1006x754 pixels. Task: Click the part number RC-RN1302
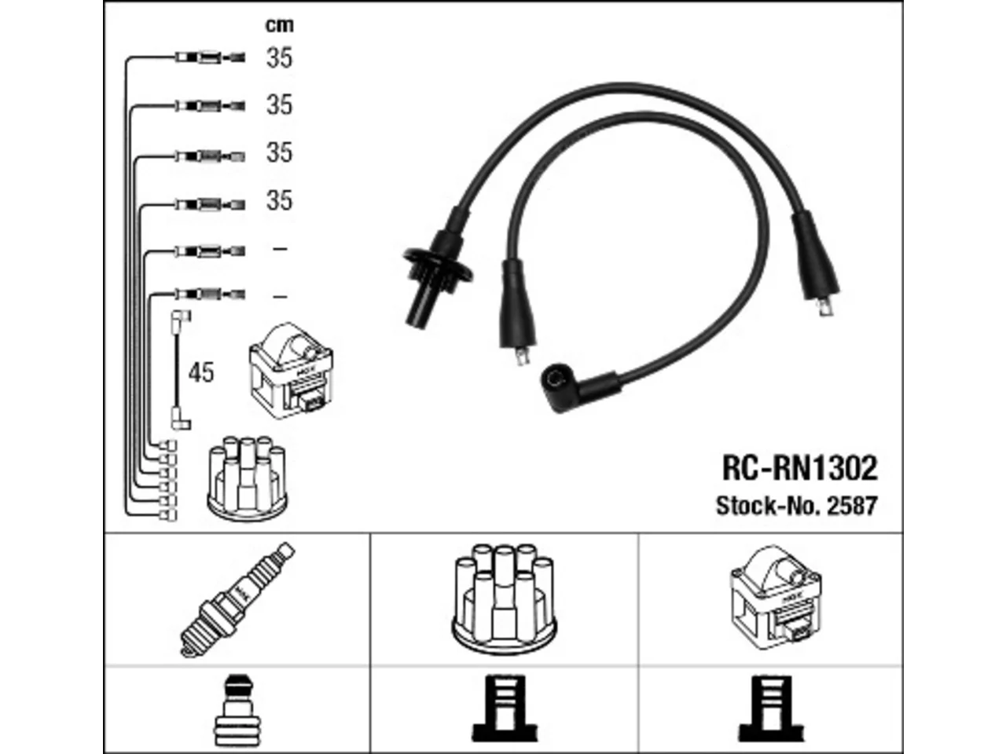(799, 468)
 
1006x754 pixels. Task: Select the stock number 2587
(851, 506)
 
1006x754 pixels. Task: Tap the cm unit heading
(280, 25)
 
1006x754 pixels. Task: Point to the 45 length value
(201, 372)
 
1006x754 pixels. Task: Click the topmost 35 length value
(279, 57)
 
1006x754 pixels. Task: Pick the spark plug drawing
(237, 600)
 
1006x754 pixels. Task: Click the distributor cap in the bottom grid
(504, 599)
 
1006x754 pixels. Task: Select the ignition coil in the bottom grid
(776, 598)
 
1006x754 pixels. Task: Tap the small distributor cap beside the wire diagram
(248, 478)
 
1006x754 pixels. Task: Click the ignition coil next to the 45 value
(291, 371)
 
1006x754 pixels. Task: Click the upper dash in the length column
(280, 249)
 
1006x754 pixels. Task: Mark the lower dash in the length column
(280, 297)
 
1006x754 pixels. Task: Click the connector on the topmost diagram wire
(211, 57)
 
